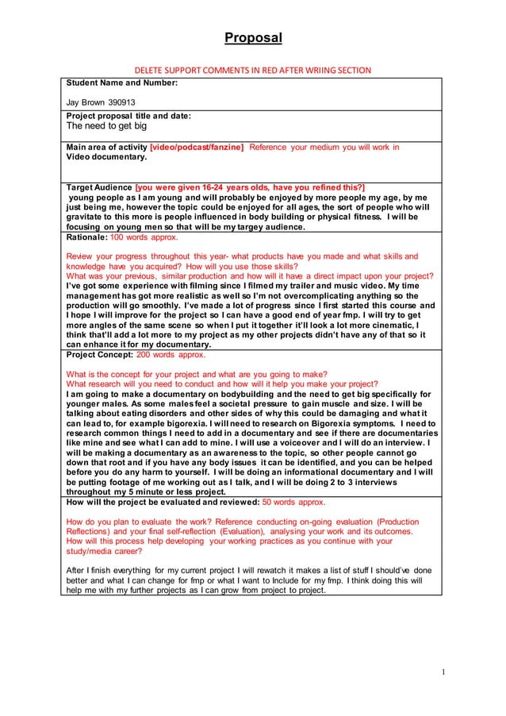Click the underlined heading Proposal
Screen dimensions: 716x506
point(252,38)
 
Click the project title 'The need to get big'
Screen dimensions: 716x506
point(106,125)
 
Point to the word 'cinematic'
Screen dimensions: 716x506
point(392,325)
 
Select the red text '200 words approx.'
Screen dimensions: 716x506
point(171,355)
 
